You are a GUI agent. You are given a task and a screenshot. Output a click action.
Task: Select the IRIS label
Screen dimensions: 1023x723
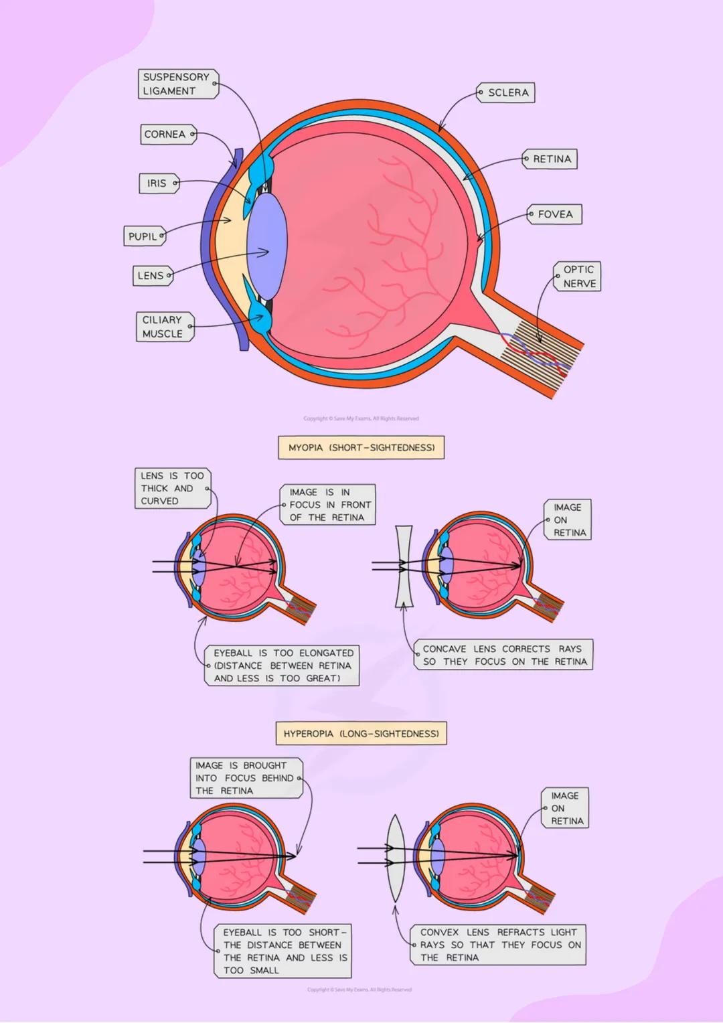click(159, 183)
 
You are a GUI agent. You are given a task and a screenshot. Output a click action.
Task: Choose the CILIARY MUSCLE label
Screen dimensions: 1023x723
click(165, 327)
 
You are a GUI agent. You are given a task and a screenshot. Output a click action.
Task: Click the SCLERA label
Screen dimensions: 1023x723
click(506, 93)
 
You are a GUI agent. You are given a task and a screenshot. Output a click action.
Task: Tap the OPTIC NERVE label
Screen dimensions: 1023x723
click(578, 277)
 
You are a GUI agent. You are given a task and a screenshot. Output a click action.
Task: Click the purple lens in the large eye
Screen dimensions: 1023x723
click(267, 246)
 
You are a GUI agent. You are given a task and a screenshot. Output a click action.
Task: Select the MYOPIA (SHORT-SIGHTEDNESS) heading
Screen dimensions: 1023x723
click(361, 448)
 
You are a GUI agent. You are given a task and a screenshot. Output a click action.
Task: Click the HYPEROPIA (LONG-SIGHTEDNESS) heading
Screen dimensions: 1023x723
click(361, 734)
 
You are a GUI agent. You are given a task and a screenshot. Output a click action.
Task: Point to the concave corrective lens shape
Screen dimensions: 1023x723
click(404, 566)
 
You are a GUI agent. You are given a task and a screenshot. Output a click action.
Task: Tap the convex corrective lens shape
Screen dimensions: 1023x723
click(396, 858)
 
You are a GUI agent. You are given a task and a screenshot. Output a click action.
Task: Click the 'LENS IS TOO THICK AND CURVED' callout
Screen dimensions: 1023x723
click(172, 489)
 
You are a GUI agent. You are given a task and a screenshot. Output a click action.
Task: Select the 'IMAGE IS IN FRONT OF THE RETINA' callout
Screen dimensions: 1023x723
click(328, 505)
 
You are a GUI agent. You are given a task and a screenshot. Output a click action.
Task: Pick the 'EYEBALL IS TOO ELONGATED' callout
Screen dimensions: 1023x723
click(282, 665)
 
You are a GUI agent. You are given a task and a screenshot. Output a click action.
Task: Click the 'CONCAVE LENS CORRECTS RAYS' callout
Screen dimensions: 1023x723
click(504, 655)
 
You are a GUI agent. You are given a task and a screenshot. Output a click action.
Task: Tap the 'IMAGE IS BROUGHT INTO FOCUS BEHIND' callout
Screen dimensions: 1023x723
click(246, 778)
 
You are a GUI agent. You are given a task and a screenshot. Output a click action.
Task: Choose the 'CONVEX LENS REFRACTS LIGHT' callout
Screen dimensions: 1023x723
click(499, 945)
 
